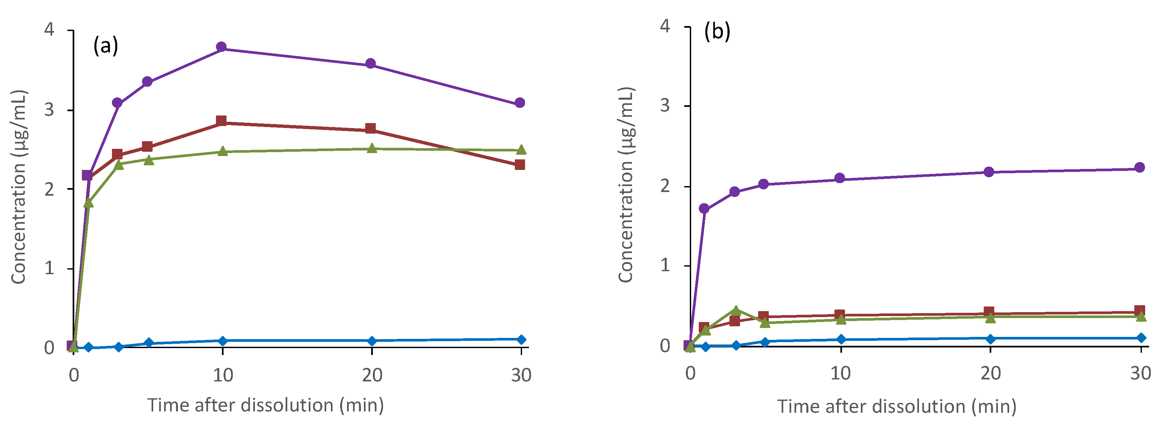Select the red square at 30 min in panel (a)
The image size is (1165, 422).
tap(520, 164)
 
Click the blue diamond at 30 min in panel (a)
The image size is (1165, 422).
tap(521, 339)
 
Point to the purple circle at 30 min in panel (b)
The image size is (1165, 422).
tap(1140, 167)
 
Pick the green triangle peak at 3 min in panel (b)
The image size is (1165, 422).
tap(736, 310)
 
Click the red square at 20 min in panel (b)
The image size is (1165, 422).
tap(989, 311)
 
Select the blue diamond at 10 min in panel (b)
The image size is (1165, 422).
tap(841, 339)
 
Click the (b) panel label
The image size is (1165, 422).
tap(717, 32)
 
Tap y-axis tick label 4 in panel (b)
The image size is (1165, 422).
tap(665, 26)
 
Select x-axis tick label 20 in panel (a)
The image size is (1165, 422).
tap(372, 375)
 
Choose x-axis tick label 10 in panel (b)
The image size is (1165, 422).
tap(840, 373)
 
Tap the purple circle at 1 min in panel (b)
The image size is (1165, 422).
tap(704, 208)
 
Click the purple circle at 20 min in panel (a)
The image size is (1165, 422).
tap(371, 64)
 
